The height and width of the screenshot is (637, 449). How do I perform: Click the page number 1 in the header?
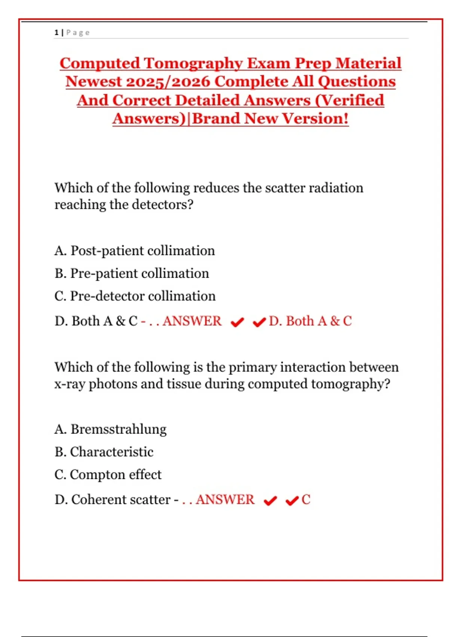click(x=56, y=33)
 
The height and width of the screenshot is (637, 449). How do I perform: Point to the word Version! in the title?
click(x=315, y=118)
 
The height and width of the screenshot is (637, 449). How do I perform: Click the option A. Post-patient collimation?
click(x=135, y=251)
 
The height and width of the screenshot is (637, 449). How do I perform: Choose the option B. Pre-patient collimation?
click(x=132, y=274)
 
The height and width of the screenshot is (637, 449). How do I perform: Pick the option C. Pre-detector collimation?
click(x=135, y=296)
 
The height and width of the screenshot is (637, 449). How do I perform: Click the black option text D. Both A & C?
click(x=96, y=321)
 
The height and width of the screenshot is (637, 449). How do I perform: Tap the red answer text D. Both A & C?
click(x=310, y=321)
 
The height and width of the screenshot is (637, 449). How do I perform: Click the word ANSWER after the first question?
click(x=192, y=321)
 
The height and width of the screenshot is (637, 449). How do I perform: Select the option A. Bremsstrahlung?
click(x=110, y=429)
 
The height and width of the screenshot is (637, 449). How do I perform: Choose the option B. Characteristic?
click(x=104, y=452)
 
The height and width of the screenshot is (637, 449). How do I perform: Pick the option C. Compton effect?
click(x=108, y=475)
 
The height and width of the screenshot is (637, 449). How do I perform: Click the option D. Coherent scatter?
click(x=113, y=499)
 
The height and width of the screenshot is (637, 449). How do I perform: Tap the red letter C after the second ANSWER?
click(x=306, y=499)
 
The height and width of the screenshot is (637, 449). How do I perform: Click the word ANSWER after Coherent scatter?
click(x=225, y=499)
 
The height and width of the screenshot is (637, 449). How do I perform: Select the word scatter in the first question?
click(x=285, y=188)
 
